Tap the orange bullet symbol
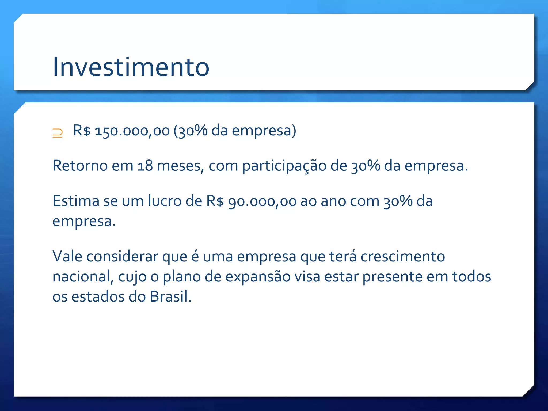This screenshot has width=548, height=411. click(x=57, y=133)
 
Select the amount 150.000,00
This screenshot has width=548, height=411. click(x=132, y=131)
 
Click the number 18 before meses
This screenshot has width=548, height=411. click(x=145, y=166)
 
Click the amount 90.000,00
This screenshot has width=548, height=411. click(x=262, y=201)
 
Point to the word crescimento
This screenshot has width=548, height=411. click(x=403, y=256)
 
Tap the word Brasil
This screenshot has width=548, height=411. click(x=170, y=297)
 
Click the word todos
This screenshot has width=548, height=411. click(x=471, y=277)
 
